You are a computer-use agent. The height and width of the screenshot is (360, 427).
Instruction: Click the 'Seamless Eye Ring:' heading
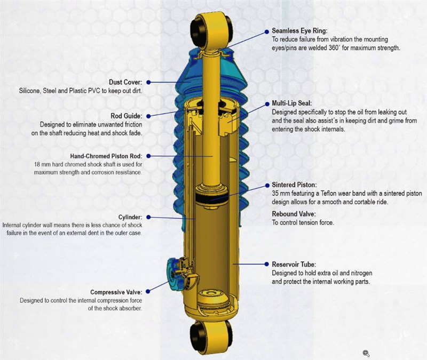click(x=299, y=31)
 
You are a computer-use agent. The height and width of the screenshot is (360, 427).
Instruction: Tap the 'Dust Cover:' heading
click(x=125, y=82)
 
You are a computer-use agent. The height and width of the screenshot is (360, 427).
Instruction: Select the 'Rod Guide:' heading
click(x=126, y=116)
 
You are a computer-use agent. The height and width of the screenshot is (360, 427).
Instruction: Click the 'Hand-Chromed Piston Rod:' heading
click(x=106, y=156)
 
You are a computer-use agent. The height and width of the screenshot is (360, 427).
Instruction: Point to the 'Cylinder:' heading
click(x=130, y=217)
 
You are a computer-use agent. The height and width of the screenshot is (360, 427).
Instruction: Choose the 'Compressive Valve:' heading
click(x=116, y=292)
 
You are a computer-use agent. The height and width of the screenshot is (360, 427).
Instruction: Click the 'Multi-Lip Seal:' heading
click(x=292, y=103)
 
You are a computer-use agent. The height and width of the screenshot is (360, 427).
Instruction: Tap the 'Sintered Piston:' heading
click(x=295, y=185)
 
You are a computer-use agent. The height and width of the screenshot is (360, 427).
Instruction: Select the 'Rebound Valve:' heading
click(x=294, y=214)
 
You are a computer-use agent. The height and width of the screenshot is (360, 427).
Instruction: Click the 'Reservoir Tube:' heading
click(x=294, y=264)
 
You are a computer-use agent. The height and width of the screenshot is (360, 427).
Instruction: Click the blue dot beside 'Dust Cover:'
click(x=148, y=82)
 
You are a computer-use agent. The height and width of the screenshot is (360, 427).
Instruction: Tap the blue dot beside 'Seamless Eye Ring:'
click(x=267, y=32)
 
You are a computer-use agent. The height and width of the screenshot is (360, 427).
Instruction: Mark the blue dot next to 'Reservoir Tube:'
click(x=267, y=264)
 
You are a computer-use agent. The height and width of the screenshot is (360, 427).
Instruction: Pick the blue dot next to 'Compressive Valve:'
click(x=148, y=291)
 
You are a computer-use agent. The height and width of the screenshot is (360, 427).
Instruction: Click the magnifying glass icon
click(x=366, y=354)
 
